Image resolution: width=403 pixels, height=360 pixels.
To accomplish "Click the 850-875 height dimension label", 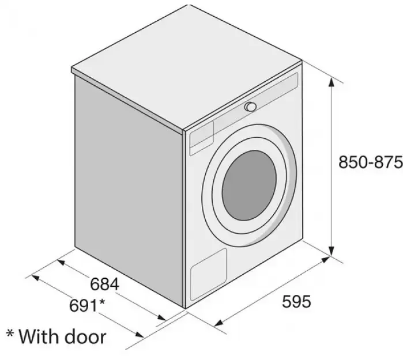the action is [x=371, y=162].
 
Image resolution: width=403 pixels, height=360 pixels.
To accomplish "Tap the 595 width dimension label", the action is [x=296, y=301].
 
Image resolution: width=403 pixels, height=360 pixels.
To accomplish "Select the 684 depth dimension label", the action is [x=104, y=284].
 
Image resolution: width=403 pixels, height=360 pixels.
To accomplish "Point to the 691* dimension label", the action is [x=87, y=305].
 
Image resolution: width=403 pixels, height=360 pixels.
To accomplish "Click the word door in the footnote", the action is [x=85, y=336].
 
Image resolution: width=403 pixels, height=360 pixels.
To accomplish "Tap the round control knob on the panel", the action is [x=250, y=107].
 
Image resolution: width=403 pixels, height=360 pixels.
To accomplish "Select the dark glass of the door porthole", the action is [x=249, y=185].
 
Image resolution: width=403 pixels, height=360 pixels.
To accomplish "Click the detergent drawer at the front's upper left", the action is [x=202, y=135].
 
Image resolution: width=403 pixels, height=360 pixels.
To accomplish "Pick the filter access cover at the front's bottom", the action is [x=209, y=275].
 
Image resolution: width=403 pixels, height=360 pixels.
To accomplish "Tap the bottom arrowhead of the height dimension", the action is [x=332, y=251].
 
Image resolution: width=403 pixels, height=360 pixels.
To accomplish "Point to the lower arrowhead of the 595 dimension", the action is [x=218, y=323].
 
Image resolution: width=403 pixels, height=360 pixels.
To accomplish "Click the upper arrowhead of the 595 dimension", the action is [x=326, y=259].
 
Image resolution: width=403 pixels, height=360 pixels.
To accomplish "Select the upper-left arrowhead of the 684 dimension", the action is [x=61, y=263].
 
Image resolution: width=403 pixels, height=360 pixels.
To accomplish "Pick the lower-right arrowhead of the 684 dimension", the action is [x=162, y=317].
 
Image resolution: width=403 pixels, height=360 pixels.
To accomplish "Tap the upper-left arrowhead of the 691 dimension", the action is [x=35, y=277].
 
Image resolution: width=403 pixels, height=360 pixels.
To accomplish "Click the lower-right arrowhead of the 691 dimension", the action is [x=140, y=334].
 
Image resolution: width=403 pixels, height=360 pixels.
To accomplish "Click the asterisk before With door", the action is [x=10, y=334].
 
